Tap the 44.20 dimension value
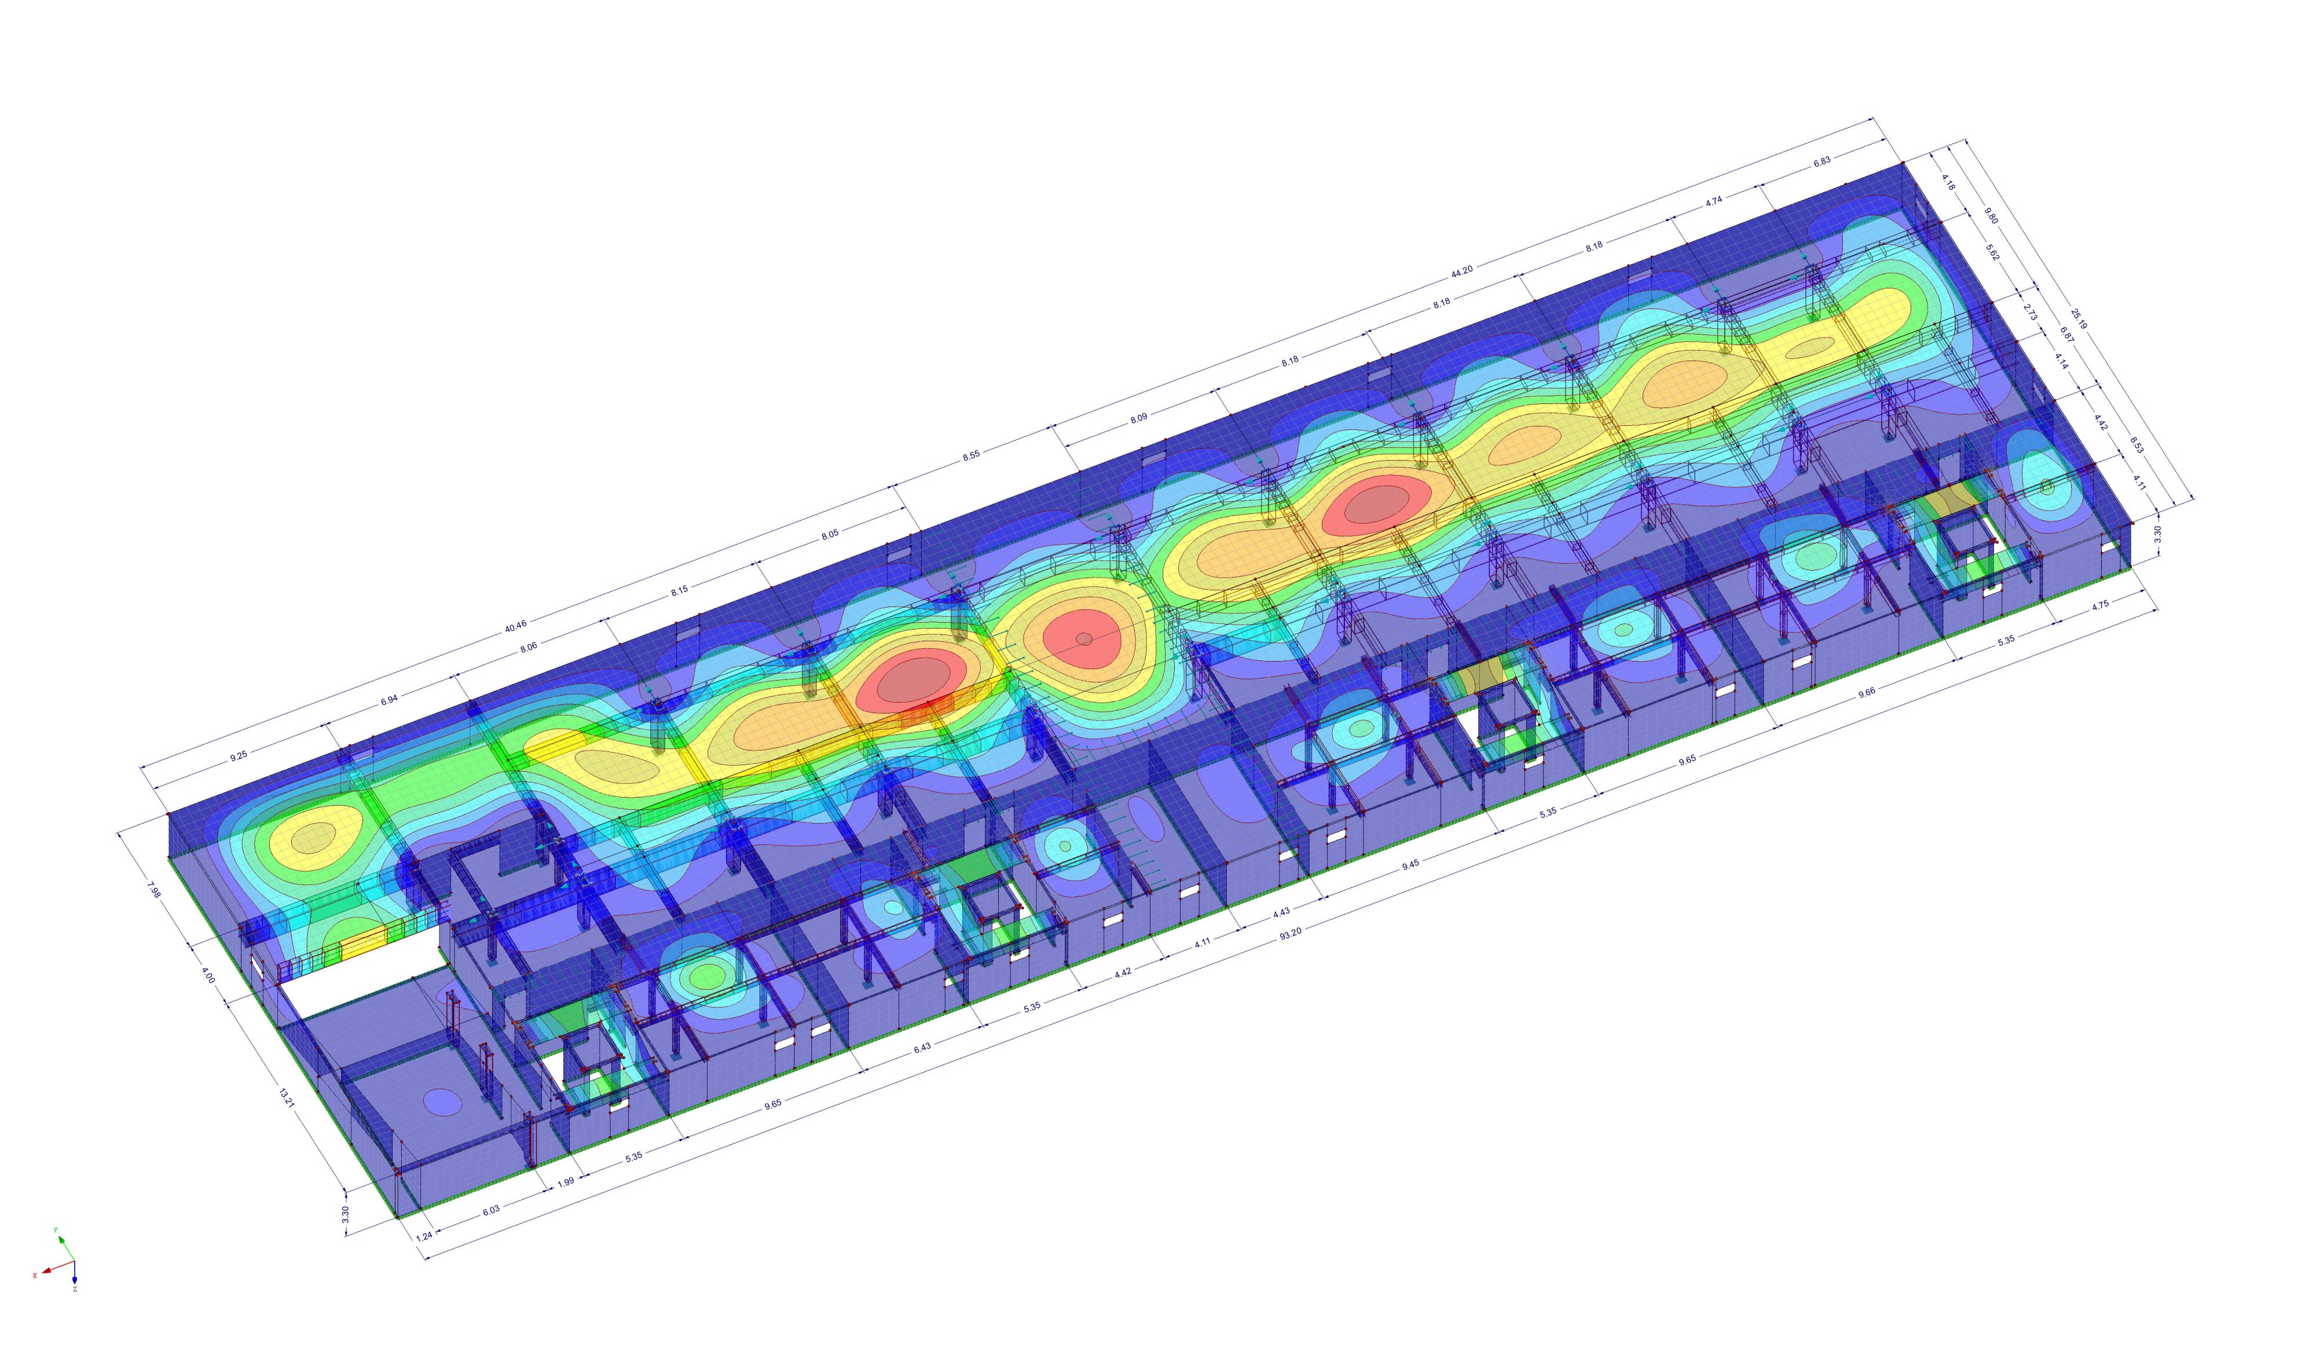click(1461, 270)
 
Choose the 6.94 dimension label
click(390, 699)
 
